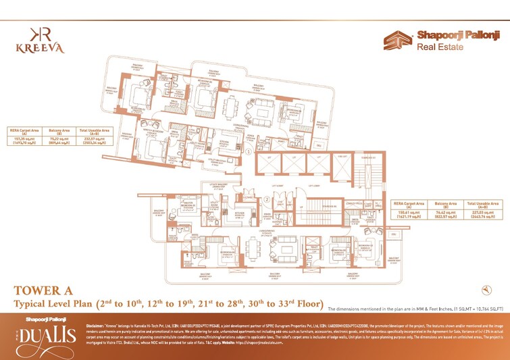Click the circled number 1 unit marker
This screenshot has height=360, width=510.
click(249, 153)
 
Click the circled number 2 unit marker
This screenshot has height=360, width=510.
click(267, 199)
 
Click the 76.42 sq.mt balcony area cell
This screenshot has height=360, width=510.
click(447, 215)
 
